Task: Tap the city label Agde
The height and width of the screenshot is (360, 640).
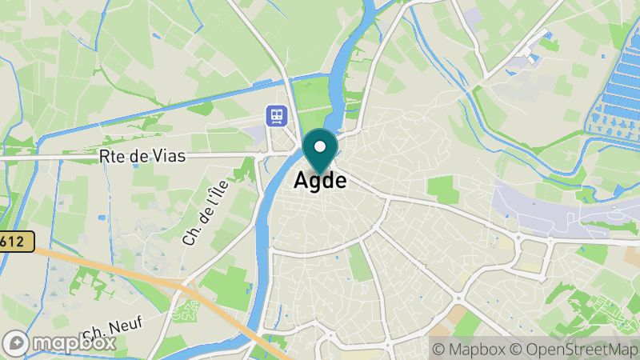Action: point(320,181)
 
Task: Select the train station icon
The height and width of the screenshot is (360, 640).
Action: point(277,117)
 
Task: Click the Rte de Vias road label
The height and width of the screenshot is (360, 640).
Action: point(142,157)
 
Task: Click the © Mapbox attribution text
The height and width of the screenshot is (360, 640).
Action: point(469,349)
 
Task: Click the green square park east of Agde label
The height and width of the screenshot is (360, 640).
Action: point(443,190)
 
